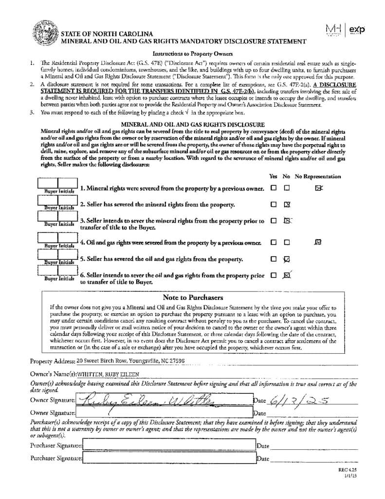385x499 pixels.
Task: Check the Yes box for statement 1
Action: (x=274, y=188)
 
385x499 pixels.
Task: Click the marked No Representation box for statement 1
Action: (x=318, y=188)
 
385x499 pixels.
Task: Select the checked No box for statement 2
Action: (x=287, y=204)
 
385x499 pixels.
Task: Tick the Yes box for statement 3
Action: (x=274, y=221)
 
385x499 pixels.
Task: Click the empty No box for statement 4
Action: (x=287, y=242)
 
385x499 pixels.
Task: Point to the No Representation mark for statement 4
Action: (x=318, y=241)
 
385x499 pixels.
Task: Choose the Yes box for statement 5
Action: (x=274, y=259)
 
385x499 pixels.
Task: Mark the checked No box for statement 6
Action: (x=287, y=275)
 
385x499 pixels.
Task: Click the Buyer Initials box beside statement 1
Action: (x=57, y=184)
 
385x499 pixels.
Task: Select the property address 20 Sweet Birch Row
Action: (x=130, y=361)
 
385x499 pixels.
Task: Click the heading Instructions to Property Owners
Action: (x=193, y=54)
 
